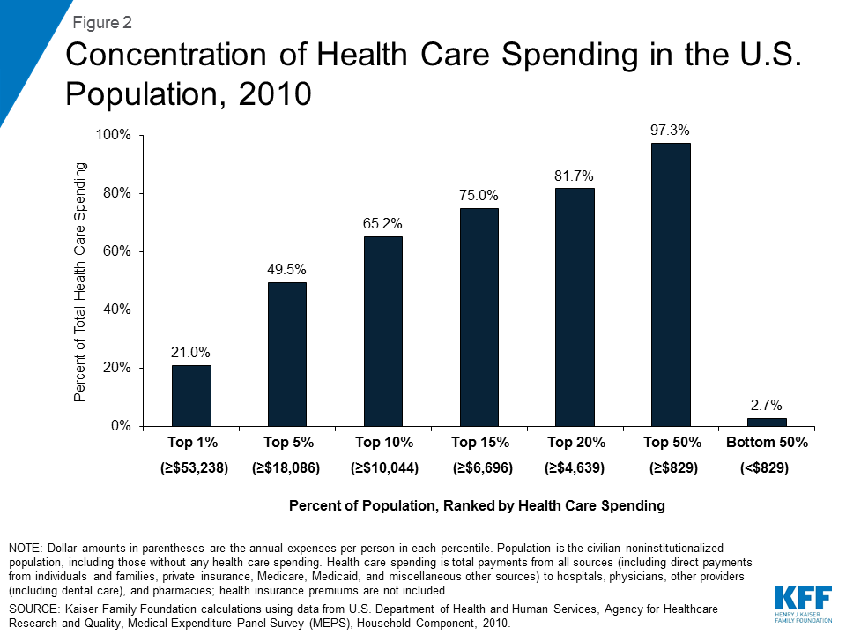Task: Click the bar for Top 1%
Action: click(x=191, y=395)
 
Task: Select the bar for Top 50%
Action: click(x=670, y=284)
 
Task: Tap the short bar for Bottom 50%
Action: click(x=766, y=422)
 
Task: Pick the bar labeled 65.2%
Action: click(x=382, y=331)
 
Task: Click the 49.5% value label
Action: click(x=286, y=269)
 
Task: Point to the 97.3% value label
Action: click(x=670, y=130)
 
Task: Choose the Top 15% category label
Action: click(x=479, y=441)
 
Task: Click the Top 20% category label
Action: click(x=575, y=441)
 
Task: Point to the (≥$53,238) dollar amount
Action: click(x=195, y=468)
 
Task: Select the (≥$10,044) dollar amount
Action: click(x=384, y=468)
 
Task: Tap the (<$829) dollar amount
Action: click(x=764, y=468)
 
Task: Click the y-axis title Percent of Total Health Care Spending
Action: click(x=80, y=282)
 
